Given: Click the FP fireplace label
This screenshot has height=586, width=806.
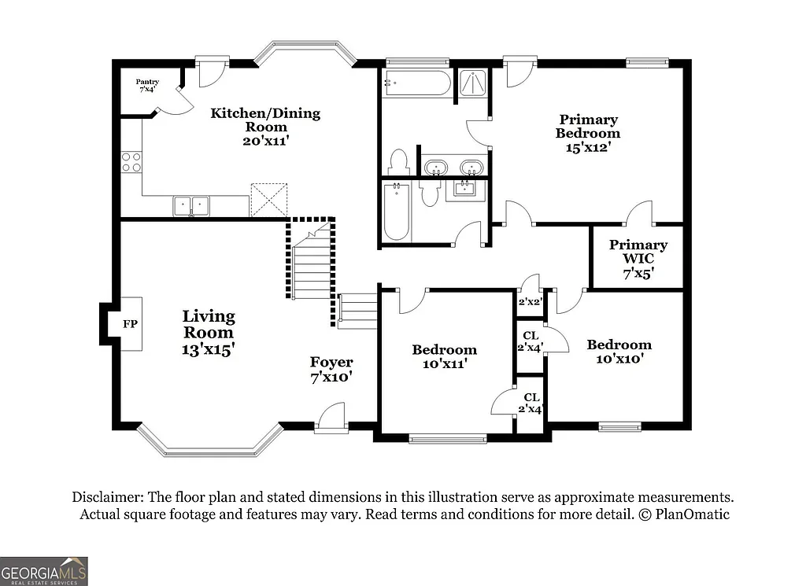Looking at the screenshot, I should tap(130, 323).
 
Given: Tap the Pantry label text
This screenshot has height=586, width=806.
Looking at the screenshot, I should tap(147, 81).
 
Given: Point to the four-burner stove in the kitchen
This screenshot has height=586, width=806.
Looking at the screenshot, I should tap(131, 162).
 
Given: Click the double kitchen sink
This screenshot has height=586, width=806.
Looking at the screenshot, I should tap(191, 206).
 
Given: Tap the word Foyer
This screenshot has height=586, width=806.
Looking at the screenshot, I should tap(331, 363).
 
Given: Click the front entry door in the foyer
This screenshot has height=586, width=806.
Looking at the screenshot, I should tap(331, 418).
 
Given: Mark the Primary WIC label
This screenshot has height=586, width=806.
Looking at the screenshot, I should tap(638, 252).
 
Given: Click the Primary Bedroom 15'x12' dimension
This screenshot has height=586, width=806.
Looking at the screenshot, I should tap(588, 147).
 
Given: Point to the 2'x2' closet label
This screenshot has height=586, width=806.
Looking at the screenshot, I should tap(530, 301).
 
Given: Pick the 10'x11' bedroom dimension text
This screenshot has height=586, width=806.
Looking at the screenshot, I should tap(444, 364).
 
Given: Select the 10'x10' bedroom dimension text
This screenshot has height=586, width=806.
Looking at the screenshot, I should tap(619, 359).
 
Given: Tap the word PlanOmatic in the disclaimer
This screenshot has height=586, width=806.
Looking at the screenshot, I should tap(690, 514).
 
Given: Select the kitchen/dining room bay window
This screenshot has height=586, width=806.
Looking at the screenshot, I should tap(305, 49).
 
